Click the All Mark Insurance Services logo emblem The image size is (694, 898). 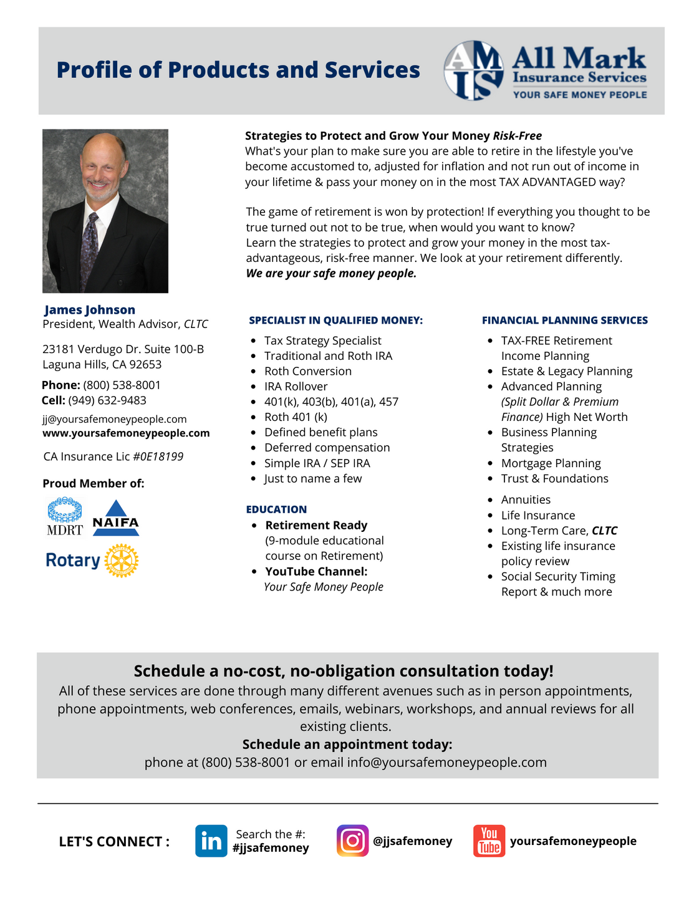click(474, 70)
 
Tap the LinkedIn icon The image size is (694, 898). click(211, 841)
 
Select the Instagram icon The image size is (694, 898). click(352, 841)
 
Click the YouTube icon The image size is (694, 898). click(489, 841)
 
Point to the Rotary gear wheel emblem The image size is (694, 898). click(121, 560)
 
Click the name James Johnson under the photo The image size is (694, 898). click(90, 310)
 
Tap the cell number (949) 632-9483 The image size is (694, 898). click(107, 400)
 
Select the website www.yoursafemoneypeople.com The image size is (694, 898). click(126, 433)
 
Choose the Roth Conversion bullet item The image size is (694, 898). click(307, 371)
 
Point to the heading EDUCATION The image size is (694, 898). click(276, 509)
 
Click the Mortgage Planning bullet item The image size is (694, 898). click(551, 463)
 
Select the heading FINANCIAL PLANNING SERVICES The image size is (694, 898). click(564, 321)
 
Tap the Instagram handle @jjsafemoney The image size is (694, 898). click(412, 841)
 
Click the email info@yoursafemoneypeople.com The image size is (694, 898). click(446, 762)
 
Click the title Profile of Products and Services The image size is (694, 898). click(238, 70)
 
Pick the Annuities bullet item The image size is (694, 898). click(526, 500)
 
